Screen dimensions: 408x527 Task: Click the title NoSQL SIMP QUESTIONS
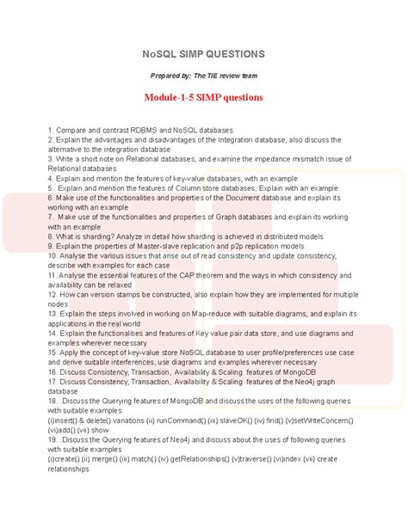click(x=204, y=53)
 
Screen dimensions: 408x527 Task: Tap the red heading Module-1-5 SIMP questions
click(x=204, y=98)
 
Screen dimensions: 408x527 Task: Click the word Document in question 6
click(x=237, y=197)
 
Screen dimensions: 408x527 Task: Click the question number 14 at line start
click(x=53, y=332)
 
